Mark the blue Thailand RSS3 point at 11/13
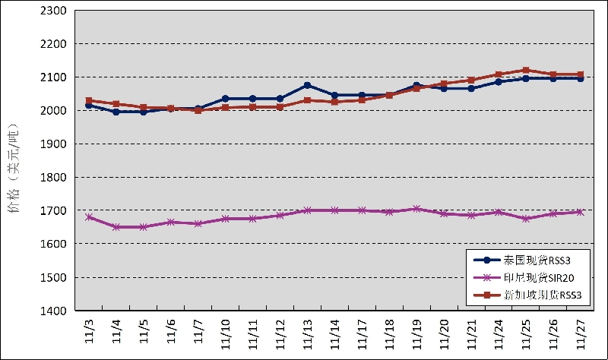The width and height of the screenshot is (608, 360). pyautogui.click(x=307, y=85)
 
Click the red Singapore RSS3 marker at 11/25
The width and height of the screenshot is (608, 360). pyautogui.click(x=526, y=71)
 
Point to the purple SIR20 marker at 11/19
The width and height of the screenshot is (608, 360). pyautogui.click(x=416, y=209)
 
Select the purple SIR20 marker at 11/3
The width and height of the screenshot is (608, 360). pyautogui.click(x=89, y=216)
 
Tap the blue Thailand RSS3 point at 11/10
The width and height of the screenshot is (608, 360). pyautogui.click(x=225, y=99)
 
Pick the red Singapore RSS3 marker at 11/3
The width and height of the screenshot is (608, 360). pyautogui.click(x=89, y=100)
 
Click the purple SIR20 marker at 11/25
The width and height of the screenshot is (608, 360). pyautogui.click(x=526, y=219)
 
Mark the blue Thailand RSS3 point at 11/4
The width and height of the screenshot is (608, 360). pyautogui.click(x=116, y=112)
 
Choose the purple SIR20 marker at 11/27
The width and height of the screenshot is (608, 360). pyautogui.click(x=581, y=212)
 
